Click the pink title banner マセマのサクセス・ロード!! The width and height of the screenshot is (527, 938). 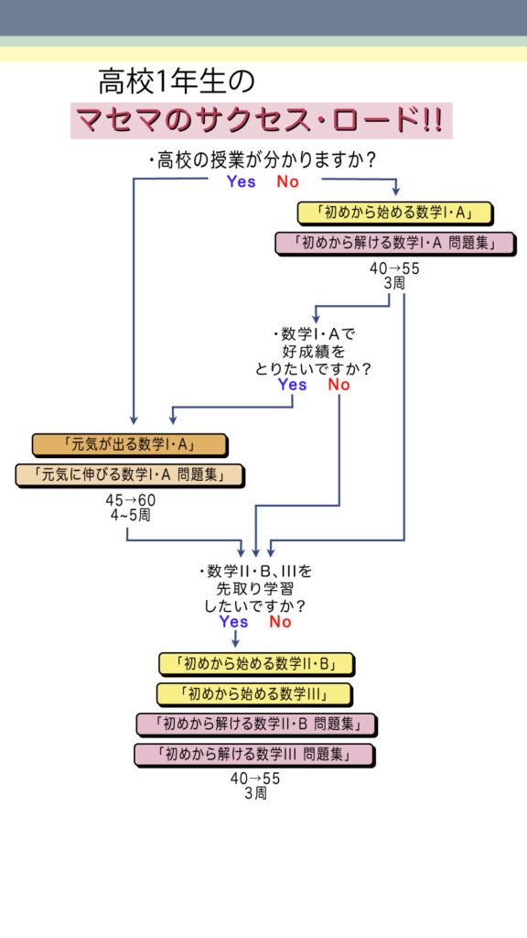261,120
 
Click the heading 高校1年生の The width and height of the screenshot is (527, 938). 177,82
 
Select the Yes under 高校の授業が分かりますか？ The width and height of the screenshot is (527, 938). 241,182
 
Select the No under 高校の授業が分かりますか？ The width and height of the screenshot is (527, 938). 287,182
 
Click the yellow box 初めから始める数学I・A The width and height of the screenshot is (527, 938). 395,213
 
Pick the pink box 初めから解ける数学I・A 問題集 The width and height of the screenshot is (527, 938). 395,244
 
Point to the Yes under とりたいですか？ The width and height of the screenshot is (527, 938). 292,385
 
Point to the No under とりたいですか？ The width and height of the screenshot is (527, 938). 339,385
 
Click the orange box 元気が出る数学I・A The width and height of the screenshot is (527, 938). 130,445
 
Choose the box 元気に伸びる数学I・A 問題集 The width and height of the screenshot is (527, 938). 130,475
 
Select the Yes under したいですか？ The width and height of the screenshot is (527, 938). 233,622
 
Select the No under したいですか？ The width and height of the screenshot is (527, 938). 280,622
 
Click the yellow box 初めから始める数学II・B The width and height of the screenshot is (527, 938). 256,664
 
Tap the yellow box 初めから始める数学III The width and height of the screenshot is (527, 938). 254,694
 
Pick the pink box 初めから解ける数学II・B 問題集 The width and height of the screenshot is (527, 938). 256,725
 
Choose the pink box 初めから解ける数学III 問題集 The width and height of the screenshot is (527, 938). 254,755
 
